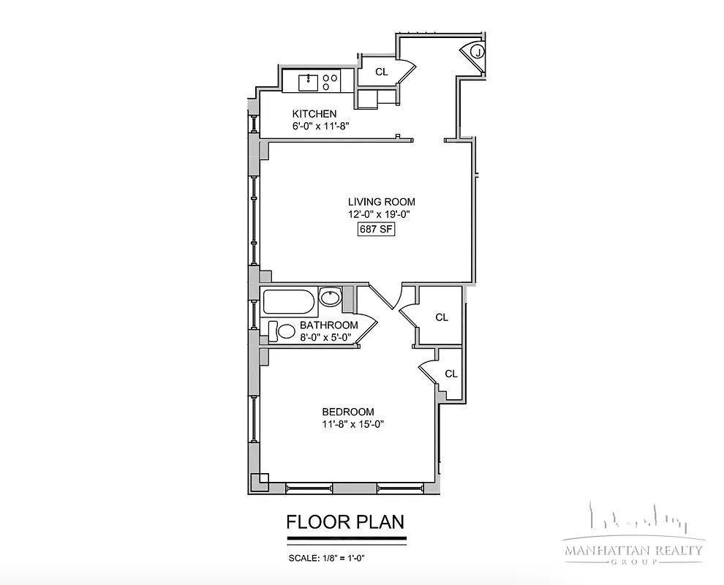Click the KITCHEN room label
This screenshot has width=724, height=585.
(314, 114)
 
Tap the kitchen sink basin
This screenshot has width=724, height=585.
(309, 83)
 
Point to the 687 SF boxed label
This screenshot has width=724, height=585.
(377, 229)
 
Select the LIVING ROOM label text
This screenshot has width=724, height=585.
(382, 202)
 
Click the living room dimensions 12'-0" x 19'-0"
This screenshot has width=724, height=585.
(380, 214)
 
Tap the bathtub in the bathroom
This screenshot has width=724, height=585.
(289, 302)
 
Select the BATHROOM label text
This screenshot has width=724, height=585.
(329, 325)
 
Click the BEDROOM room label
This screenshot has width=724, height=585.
(348, 412)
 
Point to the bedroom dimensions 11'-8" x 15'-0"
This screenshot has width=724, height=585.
(353, 424)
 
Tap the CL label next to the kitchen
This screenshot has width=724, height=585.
(382, 72)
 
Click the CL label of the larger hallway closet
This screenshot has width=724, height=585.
(442, 317)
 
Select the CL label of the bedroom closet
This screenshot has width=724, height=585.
(451, 374)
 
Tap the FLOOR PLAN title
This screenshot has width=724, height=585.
(345, 521)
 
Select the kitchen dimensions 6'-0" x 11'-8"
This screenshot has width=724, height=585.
(320, 126)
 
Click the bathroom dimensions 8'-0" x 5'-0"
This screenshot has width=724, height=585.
(325, 338)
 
